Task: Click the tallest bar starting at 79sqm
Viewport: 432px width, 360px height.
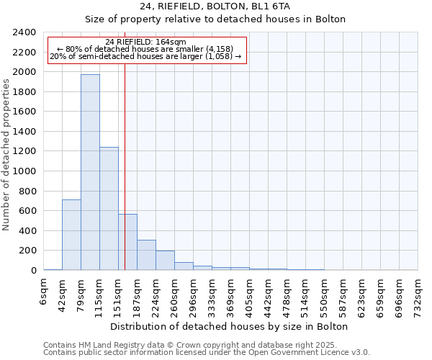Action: [90, 173]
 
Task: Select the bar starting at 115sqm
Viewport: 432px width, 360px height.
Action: [109, 209]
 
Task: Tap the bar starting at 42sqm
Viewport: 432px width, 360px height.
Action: [71, 235]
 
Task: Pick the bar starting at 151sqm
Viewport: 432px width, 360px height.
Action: [127, 242]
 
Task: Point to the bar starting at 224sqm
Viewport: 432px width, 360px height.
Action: [165, 261]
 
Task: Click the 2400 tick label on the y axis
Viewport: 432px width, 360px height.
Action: [24, 32]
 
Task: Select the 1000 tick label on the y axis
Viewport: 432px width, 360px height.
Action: [24, 171]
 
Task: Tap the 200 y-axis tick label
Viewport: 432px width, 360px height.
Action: [27, 251]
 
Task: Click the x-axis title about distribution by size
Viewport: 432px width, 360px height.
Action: [229, 326]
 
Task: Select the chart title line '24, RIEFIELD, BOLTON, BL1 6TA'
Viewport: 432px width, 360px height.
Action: [215, 6]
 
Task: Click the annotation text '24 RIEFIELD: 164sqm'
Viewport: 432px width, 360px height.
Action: [145, 42]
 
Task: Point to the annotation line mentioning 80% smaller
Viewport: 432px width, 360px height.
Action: [146, 49]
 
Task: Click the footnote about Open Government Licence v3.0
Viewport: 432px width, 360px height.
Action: [207, 352]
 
